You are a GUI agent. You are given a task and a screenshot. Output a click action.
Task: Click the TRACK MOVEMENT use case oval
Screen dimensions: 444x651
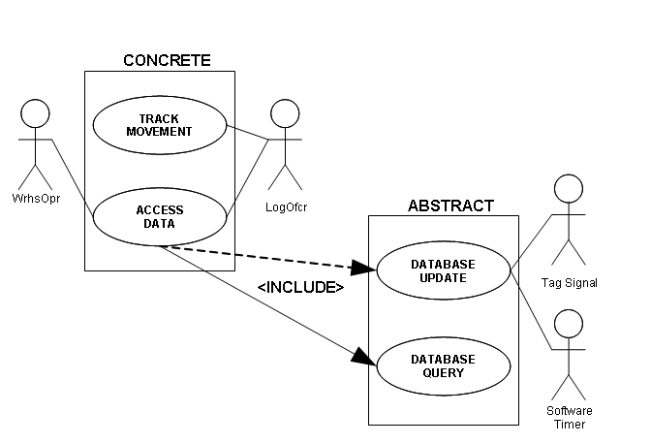point(159,125)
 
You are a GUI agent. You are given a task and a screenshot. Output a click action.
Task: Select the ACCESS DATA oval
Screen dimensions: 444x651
point(159,217)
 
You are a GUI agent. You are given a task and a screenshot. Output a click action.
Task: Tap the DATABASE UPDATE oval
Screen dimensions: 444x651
point(442,270)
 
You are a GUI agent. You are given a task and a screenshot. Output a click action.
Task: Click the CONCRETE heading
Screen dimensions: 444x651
point(167,60)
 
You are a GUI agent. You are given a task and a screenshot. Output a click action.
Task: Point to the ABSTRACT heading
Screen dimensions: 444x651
point(450,206)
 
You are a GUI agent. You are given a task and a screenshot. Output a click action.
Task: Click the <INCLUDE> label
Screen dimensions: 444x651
point(300,288)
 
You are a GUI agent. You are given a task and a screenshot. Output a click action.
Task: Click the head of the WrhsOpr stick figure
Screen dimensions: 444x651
point(35,113)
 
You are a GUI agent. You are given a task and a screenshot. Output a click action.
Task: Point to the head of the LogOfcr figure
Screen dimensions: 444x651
point(284,113)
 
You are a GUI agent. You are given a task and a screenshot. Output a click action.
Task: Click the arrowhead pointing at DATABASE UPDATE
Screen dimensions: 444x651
point(364,269)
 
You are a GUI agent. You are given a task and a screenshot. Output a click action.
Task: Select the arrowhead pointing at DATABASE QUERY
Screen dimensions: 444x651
point(363,357)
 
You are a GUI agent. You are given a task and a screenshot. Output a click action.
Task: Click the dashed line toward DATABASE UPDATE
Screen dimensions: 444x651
point(262,257)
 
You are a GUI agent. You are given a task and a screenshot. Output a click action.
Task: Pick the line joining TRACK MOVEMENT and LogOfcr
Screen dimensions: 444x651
point(248,132)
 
